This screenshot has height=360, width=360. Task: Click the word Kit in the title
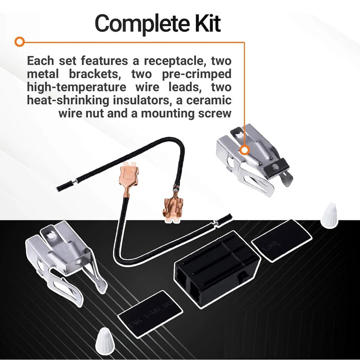click(x=204, y=24)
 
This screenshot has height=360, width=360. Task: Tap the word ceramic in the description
click(x=208, y=100)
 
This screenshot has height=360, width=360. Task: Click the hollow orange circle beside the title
click(x=20, y=41)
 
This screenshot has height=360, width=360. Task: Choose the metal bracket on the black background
click(x=60, y=260)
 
